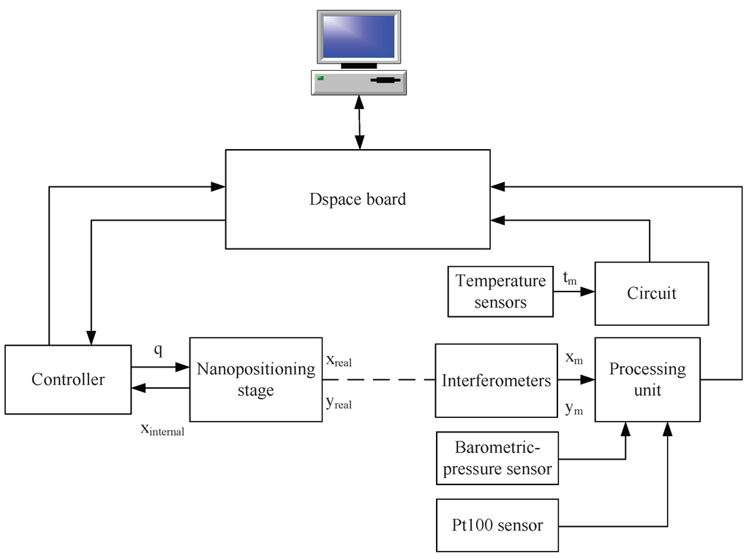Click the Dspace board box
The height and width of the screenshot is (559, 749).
pos(358,199)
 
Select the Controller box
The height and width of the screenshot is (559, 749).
pos(68,379)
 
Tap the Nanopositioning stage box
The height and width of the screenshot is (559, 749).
pos(255,379)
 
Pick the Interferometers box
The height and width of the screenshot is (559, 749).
pos(496,380)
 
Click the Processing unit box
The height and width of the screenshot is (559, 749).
pos(647,379)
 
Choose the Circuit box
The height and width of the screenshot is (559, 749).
pos(651,293)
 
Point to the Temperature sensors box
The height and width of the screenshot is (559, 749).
pos(500,291)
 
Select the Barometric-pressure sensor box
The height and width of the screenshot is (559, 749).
pos(497,458)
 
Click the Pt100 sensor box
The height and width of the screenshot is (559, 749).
pos(497,525)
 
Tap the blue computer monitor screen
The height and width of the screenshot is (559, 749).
pos(359,37)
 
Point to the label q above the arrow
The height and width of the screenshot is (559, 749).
pos(157,350)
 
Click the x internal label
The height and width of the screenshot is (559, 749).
pos(162,429)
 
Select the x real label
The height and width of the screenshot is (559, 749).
pos(339,361)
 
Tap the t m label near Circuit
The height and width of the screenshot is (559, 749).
pos(570,278)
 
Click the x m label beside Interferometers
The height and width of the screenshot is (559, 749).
pos(573,358)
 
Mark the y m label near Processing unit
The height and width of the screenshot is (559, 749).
pos(573,408)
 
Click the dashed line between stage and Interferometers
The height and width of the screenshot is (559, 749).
pos(379,380)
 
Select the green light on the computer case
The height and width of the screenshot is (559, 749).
pos(320,77)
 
